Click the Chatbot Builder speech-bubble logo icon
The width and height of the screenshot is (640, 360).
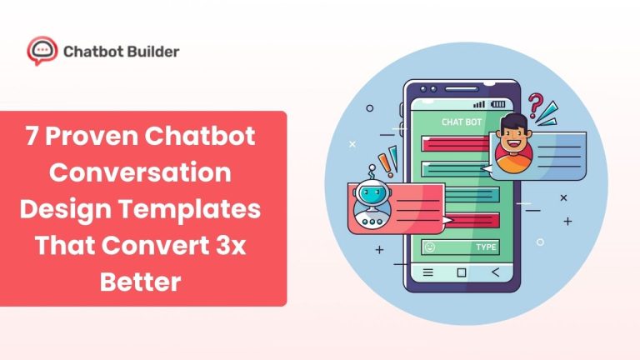point(42,51)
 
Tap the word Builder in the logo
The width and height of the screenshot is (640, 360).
point(149,52)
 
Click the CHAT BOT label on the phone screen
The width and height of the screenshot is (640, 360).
point(461,122)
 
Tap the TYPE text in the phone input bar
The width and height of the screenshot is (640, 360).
point(486,247)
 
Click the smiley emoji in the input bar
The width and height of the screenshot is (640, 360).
point(429,247)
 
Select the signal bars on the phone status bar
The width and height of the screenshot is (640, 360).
point(478,105)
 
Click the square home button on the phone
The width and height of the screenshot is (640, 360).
point(462,272)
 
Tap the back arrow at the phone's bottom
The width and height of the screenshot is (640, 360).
point(495,272)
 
